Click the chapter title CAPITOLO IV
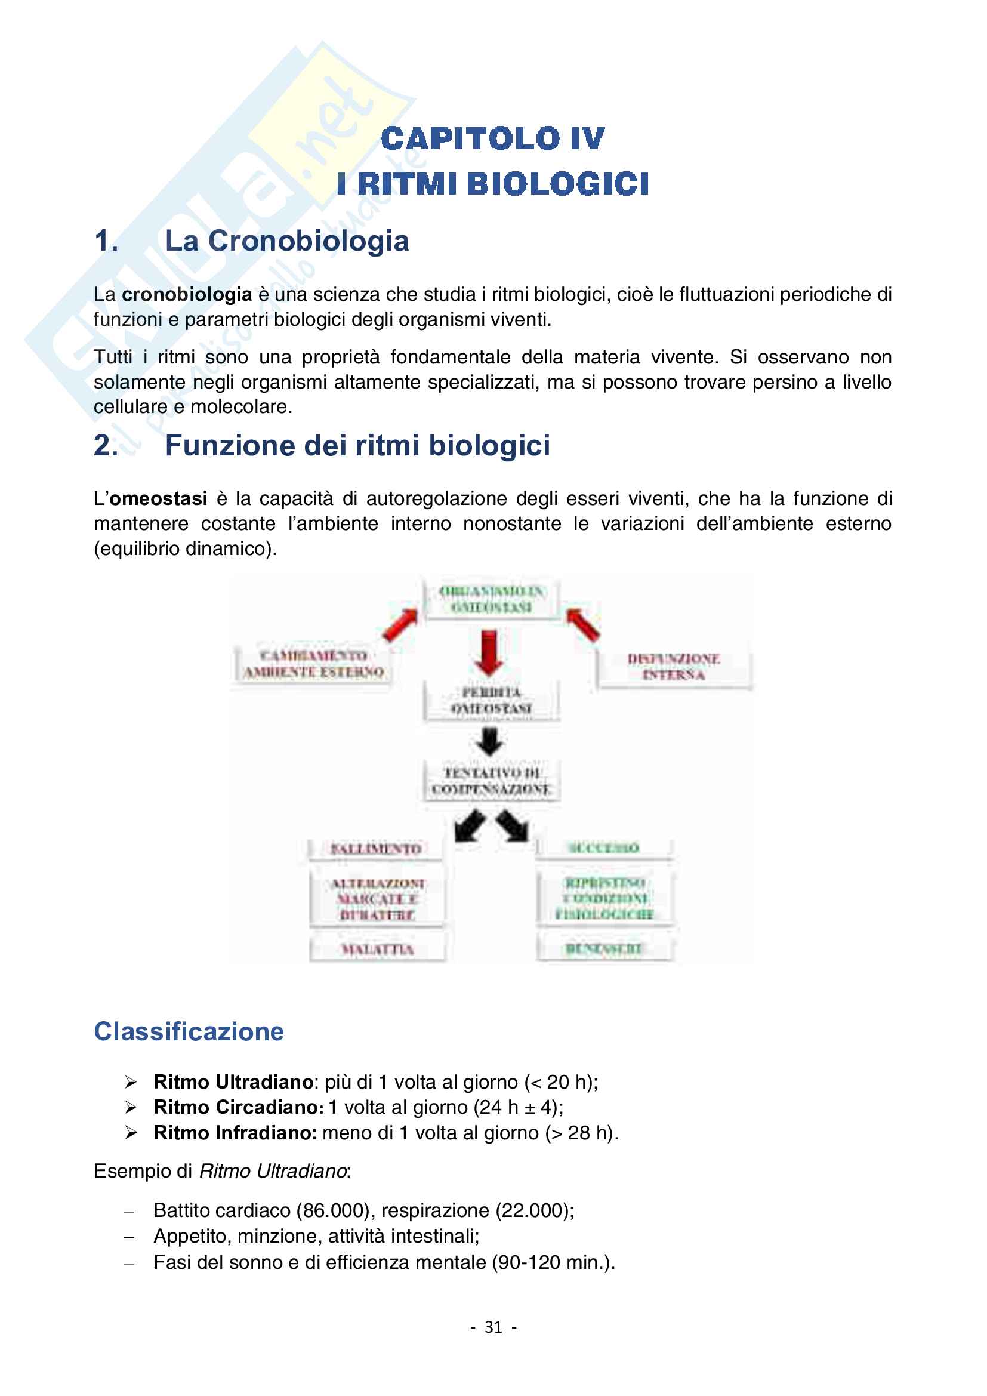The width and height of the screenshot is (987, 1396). tap(492, 138)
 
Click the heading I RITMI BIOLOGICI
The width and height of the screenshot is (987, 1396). tap(492, 184)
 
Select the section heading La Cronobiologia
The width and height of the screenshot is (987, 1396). tap(287, 241)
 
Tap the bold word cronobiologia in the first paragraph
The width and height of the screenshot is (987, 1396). tap(187, 294)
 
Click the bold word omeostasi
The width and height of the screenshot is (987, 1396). tap(159, 498)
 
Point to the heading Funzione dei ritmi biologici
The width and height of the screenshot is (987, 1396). tap(357, 445)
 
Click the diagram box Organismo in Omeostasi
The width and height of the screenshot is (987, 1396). tap(492, 599)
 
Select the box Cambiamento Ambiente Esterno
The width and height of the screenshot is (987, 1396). tap(314, 664)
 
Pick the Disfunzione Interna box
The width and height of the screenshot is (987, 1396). tap(673, 667)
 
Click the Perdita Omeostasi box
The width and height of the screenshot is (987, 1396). tap(492, 701)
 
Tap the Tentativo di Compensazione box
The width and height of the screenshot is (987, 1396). tap(492, 781)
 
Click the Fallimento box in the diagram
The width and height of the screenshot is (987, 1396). tap(375, 849)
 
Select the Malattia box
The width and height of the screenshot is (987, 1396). tap(377, 949)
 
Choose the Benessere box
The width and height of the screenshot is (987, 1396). tap(604, 948)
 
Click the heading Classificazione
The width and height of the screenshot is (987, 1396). tap(189, 1031)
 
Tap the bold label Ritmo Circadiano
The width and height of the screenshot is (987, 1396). tap(238, 1107)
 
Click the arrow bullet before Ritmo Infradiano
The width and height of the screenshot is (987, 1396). tap(131, 1133)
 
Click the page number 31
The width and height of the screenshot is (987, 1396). tap(493, 1327)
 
